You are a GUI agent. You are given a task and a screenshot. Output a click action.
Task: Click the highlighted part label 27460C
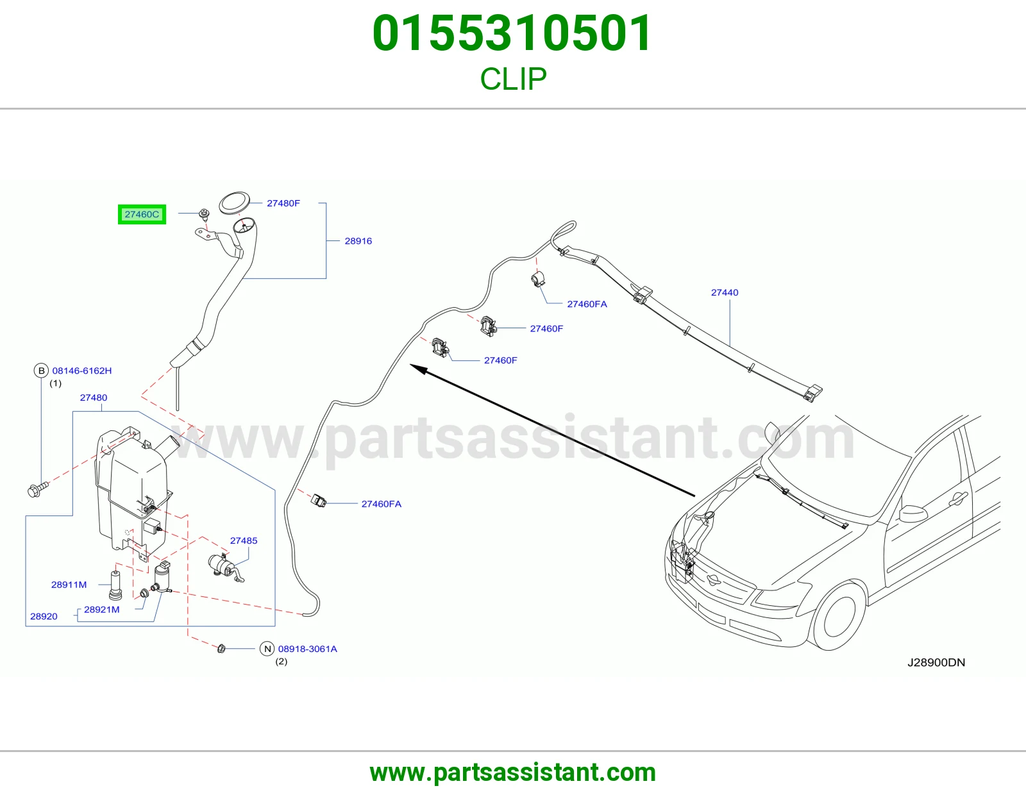click(142, 214)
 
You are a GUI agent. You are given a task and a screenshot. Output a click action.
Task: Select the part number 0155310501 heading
click(512, 33)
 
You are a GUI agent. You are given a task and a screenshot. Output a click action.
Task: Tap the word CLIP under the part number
click(513, 79)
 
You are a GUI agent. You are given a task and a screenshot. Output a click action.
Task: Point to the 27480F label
click(283, 203)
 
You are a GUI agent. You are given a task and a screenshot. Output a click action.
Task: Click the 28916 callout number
click(358, 241)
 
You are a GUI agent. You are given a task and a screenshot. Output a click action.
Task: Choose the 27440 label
click(725, 292)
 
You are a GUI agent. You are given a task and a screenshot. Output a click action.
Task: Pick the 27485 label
click(244, 540)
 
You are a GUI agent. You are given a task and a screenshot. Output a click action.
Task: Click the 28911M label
click(69, 585)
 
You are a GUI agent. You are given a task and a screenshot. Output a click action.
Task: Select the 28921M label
click(102, 610)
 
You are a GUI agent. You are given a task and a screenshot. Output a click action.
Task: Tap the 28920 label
click(44, 616)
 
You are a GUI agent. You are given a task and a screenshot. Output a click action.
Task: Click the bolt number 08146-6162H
click(82, 371)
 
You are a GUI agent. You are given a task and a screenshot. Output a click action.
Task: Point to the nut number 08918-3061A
click(308, 649)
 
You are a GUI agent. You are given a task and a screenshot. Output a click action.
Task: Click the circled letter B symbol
click(42, 371)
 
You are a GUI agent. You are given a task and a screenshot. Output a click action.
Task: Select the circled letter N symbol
click(267, 649)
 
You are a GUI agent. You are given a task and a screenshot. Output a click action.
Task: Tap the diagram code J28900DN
click(936, 662)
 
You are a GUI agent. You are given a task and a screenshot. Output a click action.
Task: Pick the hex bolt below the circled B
click(38, 489)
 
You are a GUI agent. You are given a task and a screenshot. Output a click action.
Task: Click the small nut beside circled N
click(221, 648)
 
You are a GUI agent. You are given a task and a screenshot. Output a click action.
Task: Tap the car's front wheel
click(840, 616)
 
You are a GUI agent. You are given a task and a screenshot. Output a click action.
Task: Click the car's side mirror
click(914, 514)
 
